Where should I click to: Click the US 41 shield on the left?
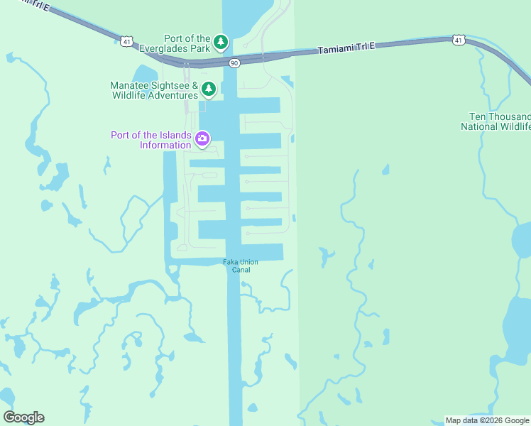coord(126,42)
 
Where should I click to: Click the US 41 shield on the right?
coord(459,40)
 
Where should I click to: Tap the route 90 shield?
coord(234,63)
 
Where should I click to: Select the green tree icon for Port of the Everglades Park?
coord(221,43)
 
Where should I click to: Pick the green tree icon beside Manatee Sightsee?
coord(208,89)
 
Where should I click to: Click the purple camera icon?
coord(202,138)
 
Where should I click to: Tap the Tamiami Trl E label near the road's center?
coord(346,48)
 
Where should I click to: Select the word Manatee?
coord(129,84)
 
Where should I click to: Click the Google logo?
coord(23,417)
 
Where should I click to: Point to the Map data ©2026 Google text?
coord(488,421)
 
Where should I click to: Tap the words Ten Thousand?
coord(500,116)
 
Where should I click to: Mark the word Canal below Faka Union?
coord(241,270)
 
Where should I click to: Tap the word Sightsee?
coord(170,84)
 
